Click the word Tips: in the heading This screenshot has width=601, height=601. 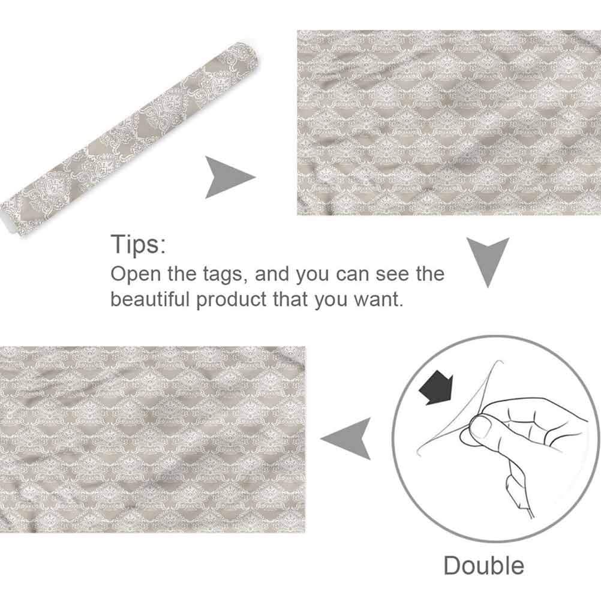139,244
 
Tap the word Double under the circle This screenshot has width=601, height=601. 483,566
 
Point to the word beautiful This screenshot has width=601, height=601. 150,299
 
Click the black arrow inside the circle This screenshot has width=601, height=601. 437,389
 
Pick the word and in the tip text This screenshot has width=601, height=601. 272,274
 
